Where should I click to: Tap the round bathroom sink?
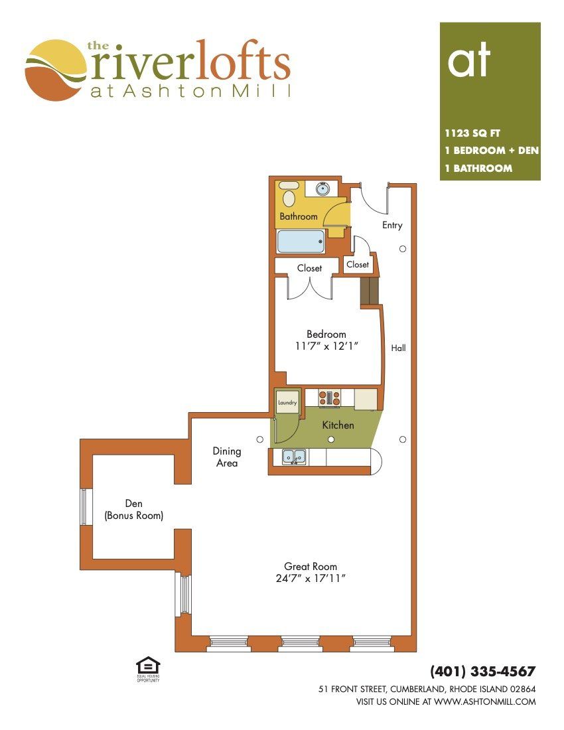[322, 188]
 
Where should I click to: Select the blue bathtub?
[301, 242]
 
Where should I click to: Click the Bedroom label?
[326, 334]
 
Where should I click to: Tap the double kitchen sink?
[294, 457]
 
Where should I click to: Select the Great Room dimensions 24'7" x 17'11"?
[310, 579]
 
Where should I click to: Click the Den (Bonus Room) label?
[134, 509]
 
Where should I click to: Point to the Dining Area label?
[227, 457]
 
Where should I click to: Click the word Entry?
[392, 226]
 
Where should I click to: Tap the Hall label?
[398, 348]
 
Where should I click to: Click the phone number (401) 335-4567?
[482, 672]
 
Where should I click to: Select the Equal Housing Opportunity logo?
[148, 669]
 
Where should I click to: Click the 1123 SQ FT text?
[472, 133]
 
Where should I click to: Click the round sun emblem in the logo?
[56, 70]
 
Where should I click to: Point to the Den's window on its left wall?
[84, 506]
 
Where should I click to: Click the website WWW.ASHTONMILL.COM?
[485, 701]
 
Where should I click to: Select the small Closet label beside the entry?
[358, 264]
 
